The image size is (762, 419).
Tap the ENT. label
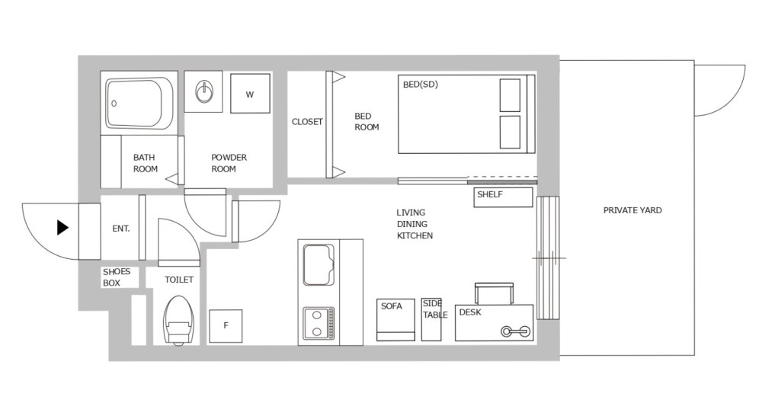tap(120, 228)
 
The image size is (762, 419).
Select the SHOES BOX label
tap(117, 277)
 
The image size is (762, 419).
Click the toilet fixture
tap(178, 320)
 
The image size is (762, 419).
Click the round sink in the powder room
tap(203, 93)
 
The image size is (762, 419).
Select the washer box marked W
tap(250, 94)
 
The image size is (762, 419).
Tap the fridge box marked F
tap(226, 326)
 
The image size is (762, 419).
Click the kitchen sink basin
tap(319, 264)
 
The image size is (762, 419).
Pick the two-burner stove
tap(319, 323)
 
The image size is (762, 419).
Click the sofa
tap(395, 319)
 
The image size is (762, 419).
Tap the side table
tap(431, 319)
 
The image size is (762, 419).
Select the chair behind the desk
tap(495, 293)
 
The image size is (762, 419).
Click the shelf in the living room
tap(503, 197)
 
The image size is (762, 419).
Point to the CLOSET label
tap(307, 122)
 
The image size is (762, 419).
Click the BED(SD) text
tap(421, 85)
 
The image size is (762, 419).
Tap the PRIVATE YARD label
tap(632, 210)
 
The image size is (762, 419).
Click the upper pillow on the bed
tap(510, 94)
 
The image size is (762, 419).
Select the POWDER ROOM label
tap(229, 163)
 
